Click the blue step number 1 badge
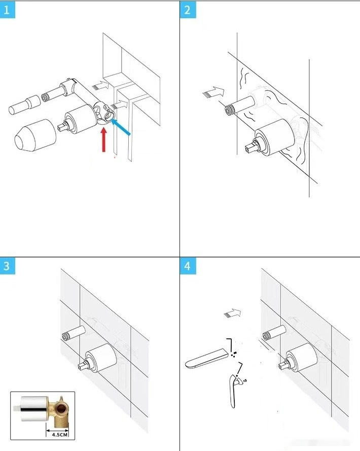7,10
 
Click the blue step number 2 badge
188,10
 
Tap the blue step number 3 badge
7,265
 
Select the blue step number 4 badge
188,265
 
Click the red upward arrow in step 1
104,140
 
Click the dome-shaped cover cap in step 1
35,135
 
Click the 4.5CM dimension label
59,435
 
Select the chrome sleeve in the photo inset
33,408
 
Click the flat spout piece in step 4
207,358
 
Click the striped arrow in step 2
213,92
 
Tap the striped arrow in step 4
232,313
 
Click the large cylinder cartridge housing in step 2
273,138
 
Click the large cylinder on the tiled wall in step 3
100,358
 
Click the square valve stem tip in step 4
282,365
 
